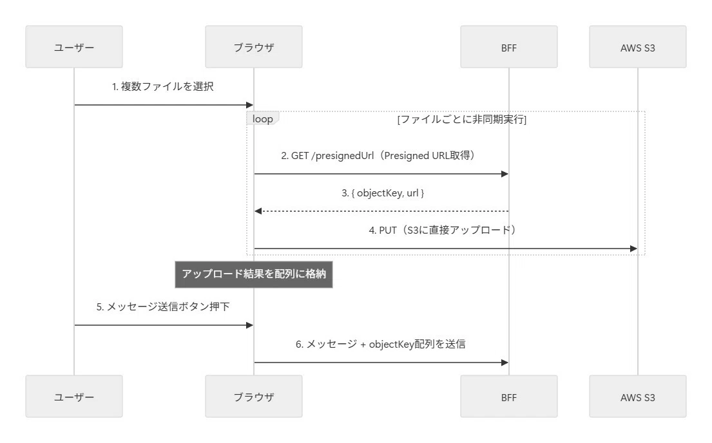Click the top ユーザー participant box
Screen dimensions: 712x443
[x=74, y=47]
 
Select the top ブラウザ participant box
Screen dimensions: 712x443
[x=254, y=47]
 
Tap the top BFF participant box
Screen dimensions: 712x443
[x=509, y=47]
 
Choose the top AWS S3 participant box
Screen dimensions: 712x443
[x=638, y=47]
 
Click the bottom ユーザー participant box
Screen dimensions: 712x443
[x=74, y=396]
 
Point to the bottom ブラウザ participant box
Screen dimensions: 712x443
[x=254, y=396]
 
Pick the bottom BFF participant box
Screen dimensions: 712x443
[x=509, y=396]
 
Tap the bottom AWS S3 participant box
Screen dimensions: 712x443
[x=638, y=396]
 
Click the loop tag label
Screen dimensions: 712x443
[x=262, y=118]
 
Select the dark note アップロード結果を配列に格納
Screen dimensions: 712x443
[x=254, y=274]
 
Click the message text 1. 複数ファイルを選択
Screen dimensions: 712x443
[x=163, y=86]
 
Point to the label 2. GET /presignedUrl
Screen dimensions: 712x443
[x=327, y=156]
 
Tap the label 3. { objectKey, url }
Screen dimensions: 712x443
[x=383, y=193]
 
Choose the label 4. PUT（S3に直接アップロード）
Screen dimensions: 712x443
[x=442, y=230]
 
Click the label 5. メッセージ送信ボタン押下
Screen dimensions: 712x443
[x=163, y=307]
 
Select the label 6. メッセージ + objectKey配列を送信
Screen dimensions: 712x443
[x=381, y=344]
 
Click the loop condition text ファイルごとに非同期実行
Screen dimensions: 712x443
[x=462, y=119]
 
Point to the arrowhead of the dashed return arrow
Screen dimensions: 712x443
[x=258, y=211]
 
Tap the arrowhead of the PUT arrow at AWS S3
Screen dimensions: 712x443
[x=634, y=249]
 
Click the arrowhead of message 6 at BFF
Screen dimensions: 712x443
[x=505, y=363]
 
